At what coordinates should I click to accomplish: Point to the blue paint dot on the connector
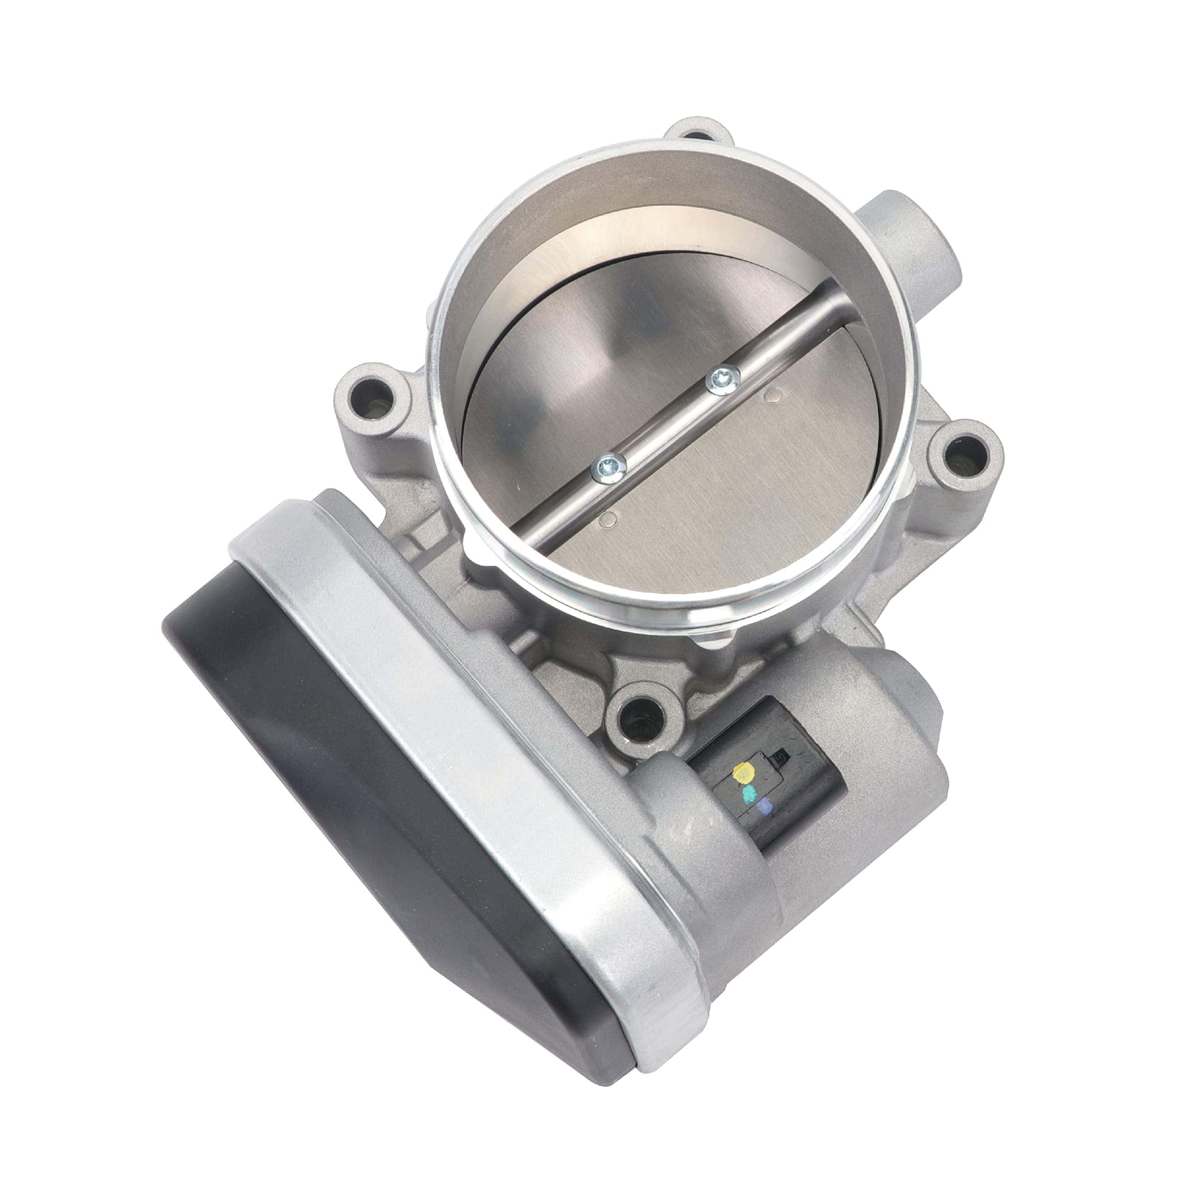tap(765, 808)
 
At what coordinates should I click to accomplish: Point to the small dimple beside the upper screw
tap(772, 393)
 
